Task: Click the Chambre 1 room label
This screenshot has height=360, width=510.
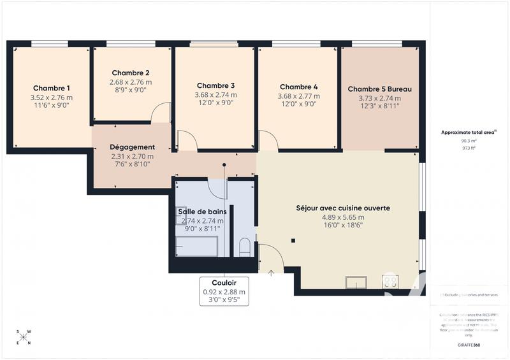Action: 52,88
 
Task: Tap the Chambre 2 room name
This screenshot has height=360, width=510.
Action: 131,73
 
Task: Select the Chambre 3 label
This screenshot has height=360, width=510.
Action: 215,85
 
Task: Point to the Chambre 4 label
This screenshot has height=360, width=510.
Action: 298,87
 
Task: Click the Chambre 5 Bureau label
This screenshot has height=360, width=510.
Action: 379,89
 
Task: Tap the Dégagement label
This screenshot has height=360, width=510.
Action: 132,147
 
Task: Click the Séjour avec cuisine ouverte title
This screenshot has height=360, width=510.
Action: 343,208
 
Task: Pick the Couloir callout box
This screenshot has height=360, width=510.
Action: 224,291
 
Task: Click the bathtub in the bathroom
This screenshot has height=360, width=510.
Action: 197,247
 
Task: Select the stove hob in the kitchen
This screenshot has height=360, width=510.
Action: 390,281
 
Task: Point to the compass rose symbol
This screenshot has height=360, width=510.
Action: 24,337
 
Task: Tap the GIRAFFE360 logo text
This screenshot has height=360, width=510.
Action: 469,344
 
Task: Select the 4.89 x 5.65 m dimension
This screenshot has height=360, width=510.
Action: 343,217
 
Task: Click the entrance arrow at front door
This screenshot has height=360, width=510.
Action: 272,274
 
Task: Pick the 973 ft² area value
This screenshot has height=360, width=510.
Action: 469,148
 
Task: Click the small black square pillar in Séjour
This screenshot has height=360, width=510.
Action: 293,240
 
